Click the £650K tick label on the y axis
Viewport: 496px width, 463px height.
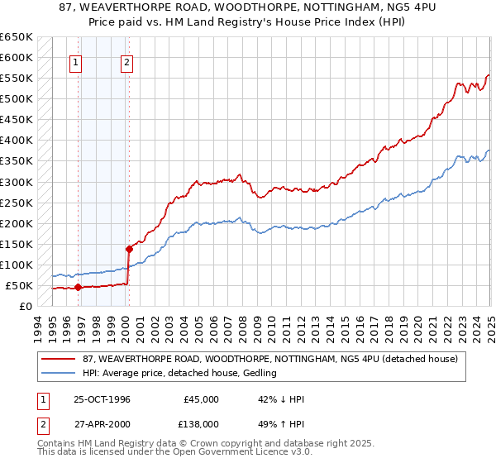point(17,37)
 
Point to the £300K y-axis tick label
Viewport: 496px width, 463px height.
point(17,182)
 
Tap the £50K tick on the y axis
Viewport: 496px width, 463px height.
point(20,285)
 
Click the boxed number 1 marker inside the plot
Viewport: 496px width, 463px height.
point(76,61)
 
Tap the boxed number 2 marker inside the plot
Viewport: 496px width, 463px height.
point(127,61)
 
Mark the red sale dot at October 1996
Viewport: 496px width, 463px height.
point(79,288)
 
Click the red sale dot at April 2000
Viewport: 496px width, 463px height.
point(129,249)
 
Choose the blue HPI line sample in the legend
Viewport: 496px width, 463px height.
point(58,374)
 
